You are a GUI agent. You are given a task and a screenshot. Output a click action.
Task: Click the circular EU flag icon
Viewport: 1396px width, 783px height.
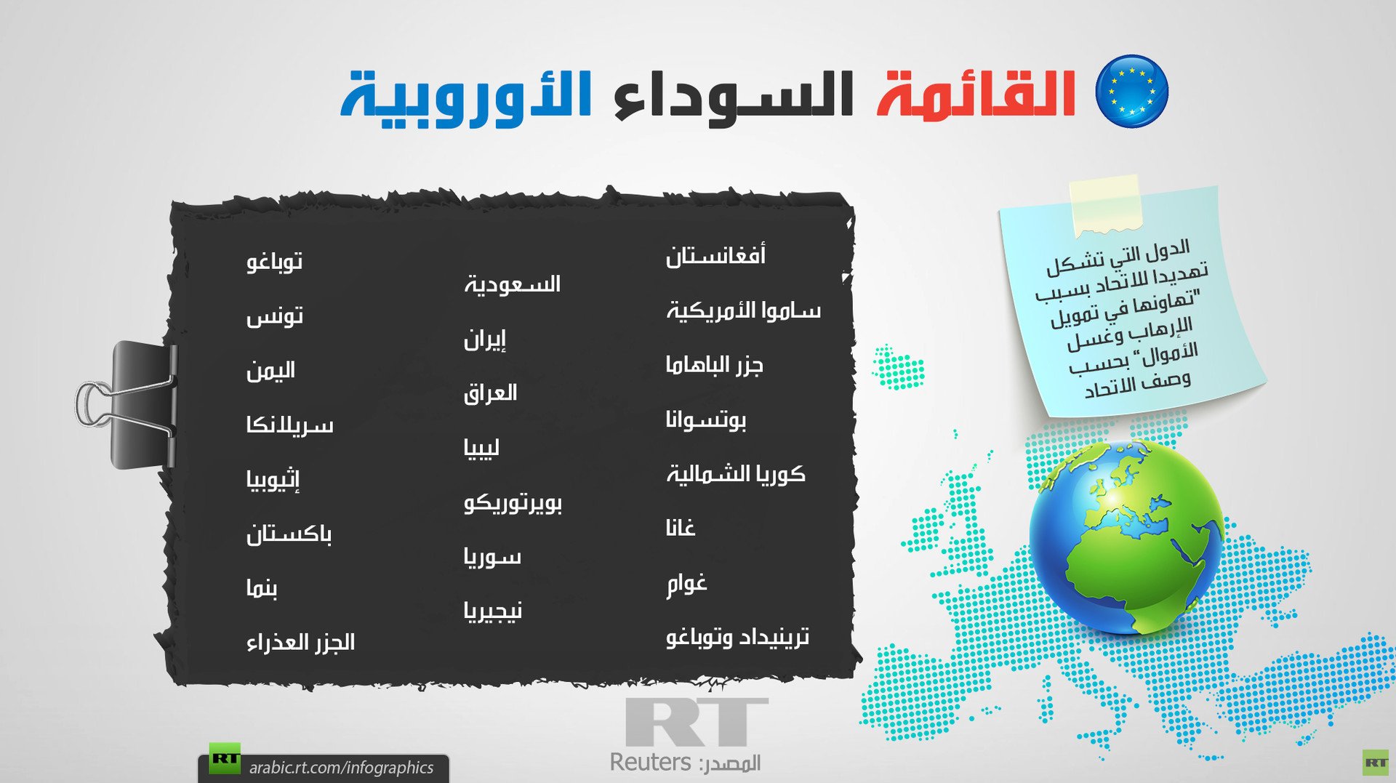[1131, 91]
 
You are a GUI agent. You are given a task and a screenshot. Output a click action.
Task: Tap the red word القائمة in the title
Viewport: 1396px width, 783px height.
[976, 94]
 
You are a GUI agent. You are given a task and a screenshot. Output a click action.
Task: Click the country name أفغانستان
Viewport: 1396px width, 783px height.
[715, 255]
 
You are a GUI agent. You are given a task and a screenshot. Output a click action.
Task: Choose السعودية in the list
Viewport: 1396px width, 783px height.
[513, 284]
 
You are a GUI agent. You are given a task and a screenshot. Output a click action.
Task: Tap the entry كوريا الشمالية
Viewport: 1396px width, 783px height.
[736, 474]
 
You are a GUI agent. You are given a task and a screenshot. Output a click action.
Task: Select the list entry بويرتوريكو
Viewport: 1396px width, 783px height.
[513, 502]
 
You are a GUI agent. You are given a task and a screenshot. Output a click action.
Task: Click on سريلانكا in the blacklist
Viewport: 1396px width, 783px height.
[289, 425]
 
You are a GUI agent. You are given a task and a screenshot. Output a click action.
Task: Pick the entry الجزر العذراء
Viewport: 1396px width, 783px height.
[300, 642]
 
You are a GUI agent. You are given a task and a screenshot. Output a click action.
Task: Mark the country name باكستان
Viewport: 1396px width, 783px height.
[289, 534]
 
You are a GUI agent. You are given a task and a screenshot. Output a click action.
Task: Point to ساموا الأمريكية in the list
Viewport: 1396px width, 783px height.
[743, 310]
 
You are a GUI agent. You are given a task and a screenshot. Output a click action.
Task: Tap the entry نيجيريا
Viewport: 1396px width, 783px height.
[493, 611]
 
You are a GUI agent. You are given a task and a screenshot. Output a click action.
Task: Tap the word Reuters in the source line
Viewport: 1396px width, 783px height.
[650, 762]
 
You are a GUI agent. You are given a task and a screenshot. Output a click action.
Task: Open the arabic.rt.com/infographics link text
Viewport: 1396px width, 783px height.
[341, 768]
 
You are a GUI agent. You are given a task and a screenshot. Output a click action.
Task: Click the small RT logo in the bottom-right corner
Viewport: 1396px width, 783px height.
[1375, 763]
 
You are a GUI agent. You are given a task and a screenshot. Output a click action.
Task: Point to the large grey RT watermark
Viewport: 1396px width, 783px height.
[696, 722]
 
